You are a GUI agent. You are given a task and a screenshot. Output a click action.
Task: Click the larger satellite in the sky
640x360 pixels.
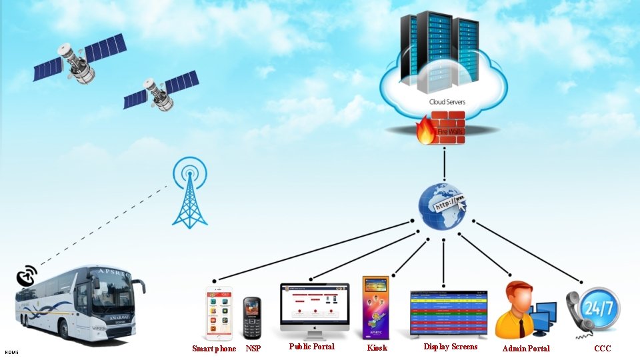click(x=79, y=59)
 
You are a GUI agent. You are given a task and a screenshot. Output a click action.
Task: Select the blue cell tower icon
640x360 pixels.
click(x=190, y=193)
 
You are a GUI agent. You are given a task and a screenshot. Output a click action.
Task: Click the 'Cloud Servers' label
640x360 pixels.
click(x=447, y=102)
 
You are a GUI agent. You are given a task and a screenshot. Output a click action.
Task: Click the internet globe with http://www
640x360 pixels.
click(x=443, y=205)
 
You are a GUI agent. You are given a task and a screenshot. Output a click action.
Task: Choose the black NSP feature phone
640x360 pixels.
click(x=251, y=318)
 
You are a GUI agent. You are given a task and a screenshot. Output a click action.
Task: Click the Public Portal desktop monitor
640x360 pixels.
click(x=315, y=306)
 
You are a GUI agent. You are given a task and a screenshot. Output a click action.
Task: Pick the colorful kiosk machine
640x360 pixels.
click(x=375, y=307)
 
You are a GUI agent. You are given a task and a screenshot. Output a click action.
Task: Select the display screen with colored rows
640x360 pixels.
click(x=448, y=313)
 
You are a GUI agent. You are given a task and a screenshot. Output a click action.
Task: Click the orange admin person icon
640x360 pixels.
click(x=517, y=308)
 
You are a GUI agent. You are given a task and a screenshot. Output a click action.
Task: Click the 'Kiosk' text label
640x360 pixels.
click(x=377, y=348)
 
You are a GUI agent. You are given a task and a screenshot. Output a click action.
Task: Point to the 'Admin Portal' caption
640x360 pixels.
click(x=526, y=348)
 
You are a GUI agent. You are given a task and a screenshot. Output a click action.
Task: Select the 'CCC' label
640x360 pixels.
click(x=602, y=348)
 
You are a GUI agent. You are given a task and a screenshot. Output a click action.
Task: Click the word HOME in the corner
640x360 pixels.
click(x=11, y=352)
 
